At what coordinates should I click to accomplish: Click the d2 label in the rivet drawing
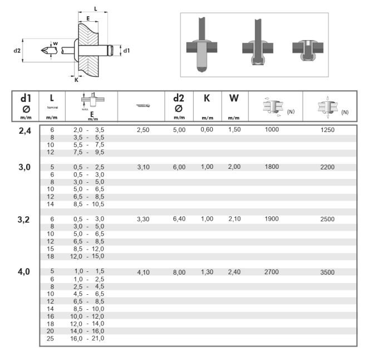pos(17,50)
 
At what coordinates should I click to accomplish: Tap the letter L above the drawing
pos(96,9)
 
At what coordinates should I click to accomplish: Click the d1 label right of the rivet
pos(126,51)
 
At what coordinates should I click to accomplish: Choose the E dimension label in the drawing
pos(90,19)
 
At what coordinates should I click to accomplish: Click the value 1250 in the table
pos(328,129)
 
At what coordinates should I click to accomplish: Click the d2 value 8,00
pos(179,273)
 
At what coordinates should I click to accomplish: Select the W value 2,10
pos(234,220)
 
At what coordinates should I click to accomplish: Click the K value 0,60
pos(207,129)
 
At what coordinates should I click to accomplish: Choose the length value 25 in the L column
pos(52,338)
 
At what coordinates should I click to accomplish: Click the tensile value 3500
pos(328,273)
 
